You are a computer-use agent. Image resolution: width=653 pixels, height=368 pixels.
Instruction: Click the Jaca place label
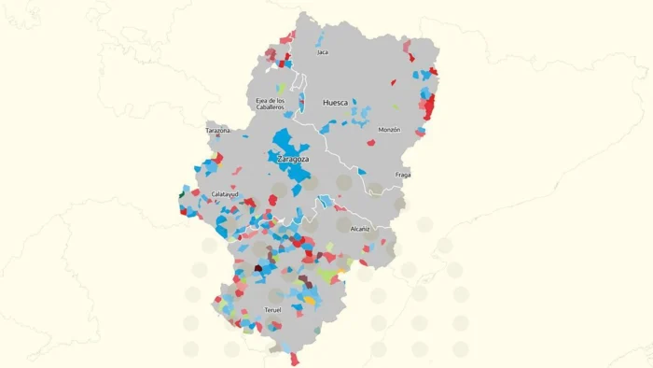[323, 52]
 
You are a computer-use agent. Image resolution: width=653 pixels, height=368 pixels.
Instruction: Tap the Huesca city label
[335, 103]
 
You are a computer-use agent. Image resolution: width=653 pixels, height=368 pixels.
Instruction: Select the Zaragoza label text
[293, 160]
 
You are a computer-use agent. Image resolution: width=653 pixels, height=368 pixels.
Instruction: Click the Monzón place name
[390, 130]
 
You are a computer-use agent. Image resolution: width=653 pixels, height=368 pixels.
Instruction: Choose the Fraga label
[403, 175]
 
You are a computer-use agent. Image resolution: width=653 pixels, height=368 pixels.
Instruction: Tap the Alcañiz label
[360, 228]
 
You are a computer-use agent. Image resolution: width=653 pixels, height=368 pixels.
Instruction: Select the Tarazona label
[217, 131]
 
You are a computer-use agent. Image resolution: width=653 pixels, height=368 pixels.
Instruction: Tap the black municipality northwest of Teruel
[258, 269]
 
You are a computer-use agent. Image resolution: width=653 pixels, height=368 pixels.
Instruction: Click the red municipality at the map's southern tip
[296, 359]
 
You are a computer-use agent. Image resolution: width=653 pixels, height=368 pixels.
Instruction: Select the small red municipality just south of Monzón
[370, 143]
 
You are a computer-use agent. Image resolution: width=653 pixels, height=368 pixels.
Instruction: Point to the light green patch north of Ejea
[280, 88]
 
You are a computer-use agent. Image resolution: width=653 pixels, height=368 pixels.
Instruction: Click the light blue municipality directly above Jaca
[320, 42]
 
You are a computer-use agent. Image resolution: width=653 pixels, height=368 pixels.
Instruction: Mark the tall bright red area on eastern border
[430, 107]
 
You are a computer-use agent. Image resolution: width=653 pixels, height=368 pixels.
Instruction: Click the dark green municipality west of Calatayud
[181, 194]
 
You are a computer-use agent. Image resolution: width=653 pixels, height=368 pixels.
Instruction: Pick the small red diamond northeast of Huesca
[394, 82]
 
